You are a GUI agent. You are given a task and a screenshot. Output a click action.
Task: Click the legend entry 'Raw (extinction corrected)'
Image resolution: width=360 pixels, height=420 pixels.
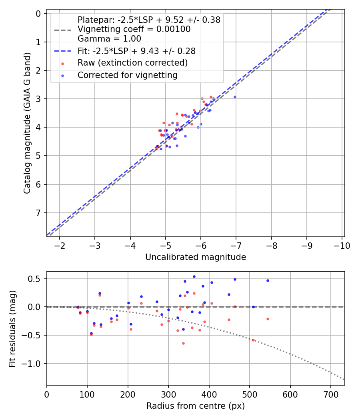[132, 63]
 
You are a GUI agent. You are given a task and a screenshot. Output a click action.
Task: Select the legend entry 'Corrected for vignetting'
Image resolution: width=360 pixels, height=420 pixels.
[127, 75]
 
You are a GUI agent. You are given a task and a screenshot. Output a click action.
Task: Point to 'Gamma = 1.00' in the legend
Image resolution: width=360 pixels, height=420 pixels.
[109, 39]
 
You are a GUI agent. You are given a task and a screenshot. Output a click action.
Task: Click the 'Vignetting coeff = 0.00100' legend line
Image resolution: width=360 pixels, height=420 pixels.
[134, 29]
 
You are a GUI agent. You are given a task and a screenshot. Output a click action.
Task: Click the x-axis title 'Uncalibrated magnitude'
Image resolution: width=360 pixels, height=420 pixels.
[196, 257]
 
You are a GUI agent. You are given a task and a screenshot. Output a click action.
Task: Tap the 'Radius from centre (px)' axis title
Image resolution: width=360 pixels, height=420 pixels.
[196, 406]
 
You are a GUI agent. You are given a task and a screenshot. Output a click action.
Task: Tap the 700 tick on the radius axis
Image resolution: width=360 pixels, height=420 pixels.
[330, 394]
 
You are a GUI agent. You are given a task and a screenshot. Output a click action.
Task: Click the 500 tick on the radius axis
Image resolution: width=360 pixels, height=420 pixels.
[249, 394]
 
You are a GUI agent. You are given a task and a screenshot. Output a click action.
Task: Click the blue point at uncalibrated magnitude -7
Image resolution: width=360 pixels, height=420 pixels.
[235, 97]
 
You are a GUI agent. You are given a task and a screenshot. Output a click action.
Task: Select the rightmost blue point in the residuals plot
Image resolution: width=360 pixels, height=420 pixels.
[268, 280]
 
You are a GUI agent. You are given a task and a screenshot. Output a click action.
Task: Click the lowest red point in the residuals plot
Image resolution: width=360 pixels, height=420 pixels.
[183, 343]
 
